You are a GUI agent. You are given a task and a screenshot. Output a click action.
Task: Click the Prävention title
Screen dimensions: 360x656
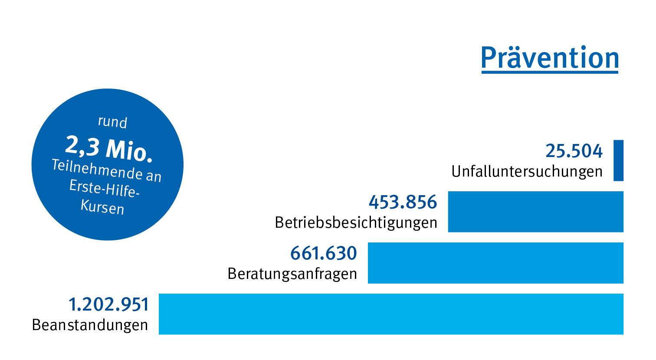pos(550,57)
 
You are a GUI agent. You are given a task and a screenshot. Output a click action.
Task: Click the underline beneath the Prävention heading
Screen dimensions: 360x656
pos(550,72)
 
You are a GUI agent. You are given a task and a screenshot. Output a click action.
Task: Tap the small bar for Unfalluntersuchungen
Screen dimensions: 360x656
pos(618,160)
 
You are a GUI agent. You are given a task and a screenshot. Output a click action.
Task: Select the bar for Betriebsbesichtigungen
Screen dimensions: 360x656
pos(535,212)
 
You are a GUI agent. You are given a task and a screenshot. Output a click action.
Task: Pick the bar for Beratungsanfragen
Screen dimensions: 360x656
pos(495,263)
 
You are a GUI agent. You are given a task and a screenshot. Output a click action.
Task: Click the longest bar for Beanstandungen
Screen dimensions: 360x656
pos(390,314)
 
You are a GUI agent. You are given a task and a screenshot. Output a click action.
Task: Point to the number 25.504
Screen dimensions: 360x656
pos(574,151)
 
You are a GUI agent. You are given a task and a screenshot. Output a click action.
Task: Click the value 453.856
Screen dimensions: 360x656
pos(403,202)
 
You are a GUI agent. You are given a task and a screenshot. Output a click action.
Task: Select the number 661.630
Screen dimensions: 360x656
pos(323,253)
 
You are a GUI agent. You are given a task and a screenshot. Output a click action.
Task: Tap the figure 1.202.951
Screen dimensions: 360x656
pos(108,304)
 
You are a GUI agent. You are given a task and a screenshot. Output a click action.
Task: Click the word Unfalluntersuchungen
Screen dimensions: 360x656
pos(527,172)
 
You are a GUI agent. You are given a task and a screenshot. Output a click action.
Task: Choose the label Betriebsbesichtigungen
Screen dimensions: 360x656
pos(356,223)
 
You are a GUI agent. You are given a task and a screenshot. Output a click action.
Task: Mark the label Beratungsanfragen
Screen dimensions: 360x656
pos(292,274)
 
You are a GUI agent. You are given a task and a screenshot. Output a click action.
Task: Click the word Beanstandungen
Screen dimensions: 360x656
pos(90,325)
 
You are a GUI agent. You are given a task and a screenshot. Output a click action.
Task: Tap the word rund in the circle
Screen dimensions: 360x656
pos(112,122)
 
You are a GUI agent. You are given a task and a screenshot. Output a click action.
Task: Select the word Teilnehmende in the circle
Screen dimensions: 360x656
pos(96,169)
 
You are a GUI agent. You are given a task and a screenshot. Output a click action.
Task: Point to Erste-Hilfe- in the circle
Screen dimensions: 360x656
pos(104,188)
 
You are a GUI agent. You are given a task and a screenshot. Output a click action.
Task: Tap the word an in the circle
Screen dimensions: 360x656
pos(154,176)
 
